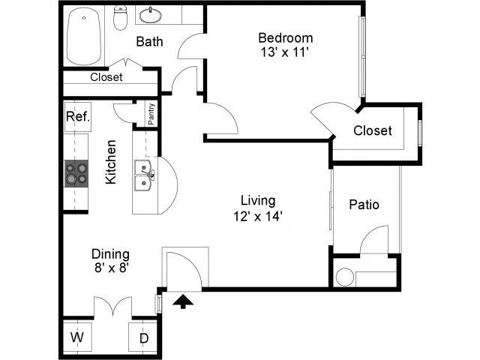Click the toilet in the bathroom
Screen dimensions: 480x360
click(120, 18)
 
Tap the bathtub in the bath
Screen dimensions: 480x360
click(84, 36)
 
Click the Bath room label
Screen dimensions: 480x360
click(149, 42)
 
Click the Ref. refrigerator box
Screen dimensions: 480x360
click(78, 117)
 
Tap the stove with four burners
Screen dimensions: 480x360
click(76, 173)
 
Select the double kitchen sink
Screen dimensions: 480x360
click(143, 175)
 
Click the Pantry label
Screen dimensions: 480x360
click(151, 114)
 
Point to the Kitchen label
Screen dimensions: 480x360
click(111, 162)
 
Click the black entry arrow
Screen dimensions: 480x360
click(183, 301)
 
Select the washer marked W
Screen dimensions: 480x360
click(77, 337)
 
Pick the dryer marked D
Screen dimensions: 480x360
click(144, 337)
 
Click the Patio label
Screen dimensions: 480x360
click(364, 205)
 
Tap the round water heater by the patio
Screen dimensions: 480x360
click(345, 277)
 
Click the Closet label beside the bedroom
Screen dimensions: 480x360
click(373, 130)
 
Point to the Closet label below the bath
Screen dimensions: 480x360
click(106, 77)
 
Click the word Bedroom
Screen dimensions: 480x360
click(286, 38)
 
